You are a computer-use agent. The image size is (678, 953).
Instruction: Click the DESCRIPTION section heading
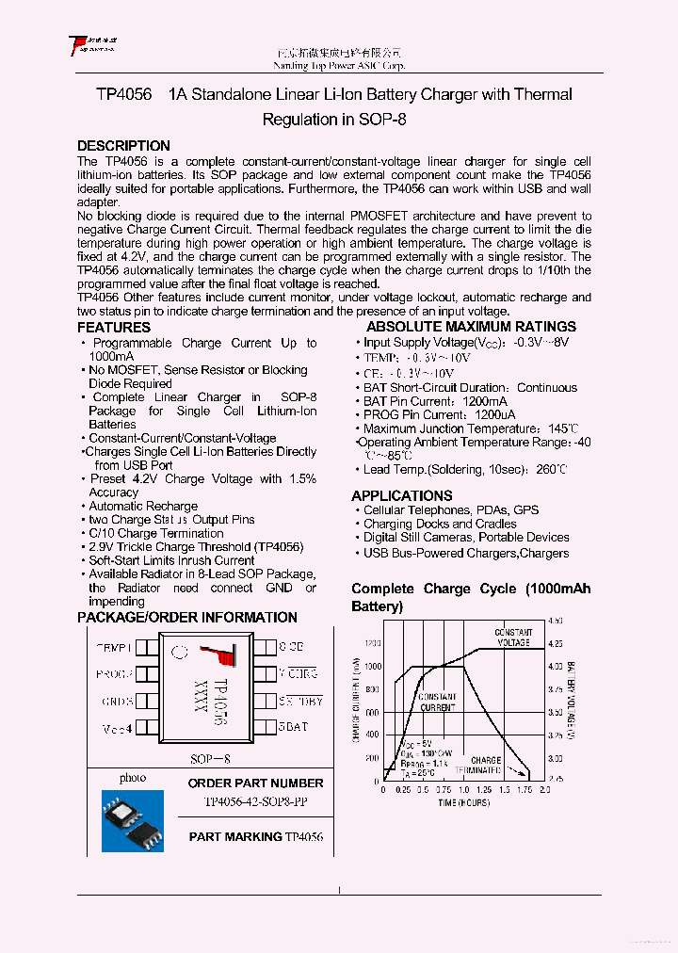click(x=123, y=146)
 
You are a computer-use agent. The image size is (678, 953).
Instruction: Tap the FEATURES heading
click(x=113, y=328)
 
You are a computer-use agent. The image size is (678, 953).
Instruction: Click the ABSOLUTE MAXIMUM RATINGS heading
click(x=471, y=328)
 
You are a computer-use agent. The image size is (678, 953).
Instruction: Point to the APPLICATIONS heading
click(x=402, y=495)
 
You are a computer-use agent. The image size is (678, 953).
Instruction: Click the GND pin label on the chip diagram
click(x=117, y=701)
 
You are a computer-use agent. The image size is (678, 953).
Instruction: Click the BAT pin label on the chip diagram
click(x=294, y=727)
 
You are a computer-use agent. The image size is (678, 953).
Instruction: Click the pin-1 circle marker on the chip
click(x=180, y=651)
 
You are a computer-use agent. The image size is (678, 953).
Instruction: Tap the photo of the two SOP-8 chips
click(x=132, y=820)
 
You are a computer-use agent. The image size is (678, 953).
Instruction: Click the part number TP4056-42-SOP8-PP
click(x=255, y=802)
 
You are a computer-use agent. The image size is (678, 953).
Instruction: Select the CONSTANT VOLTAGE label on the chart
click(x=513, y=637)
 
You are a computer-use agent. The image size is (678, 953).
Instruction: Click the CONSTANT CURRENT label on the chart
click(x=437, y=702)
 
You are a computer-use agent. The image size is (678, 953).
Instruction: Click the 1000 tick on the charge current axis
click(x=372, y=666)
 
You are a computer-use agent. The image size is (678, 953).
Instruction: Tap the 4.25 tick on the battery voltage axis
click(x=555, y=644)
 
